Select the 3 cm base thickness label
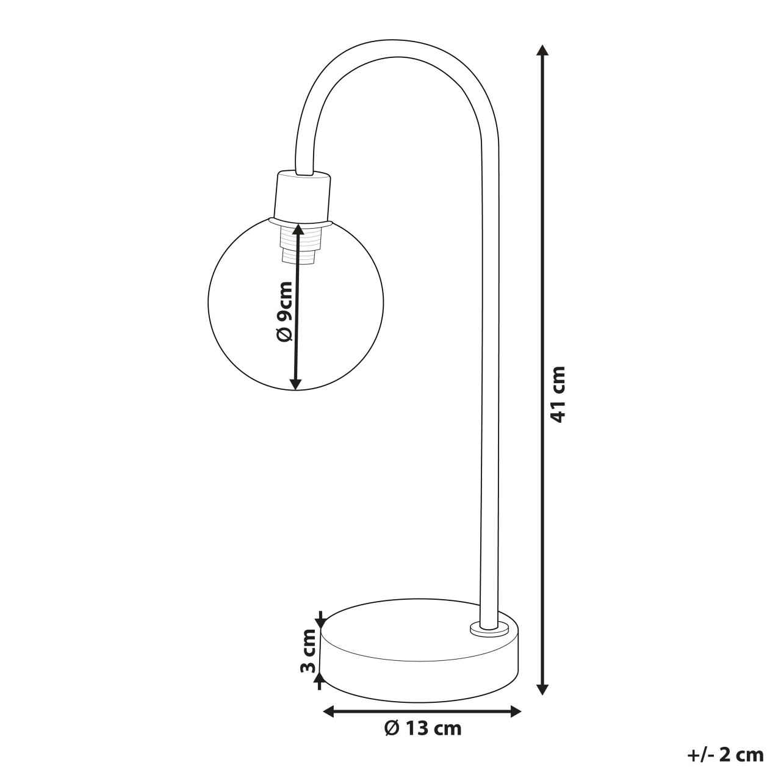pyautogui.click(x=308, y=657)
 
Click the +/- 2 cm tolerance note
pyautogui.click(x=725, y=755)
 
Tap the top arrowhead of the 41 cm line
pyautogui.click(x=542, y=50)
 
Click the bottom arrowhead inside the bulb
pyautogui.click(x=295, y=383)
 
